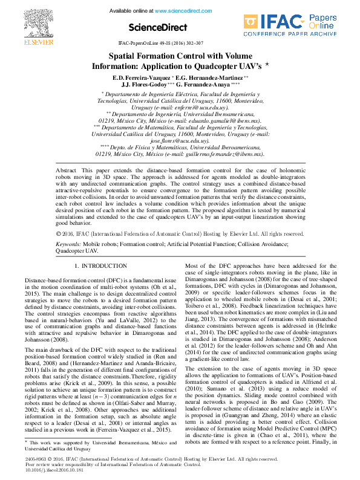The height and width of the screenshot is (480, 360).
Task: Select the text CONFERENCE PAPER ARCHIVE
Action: (290, 34)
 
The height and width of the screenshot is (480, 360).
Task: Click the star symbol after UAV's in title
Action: (267, 63)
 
